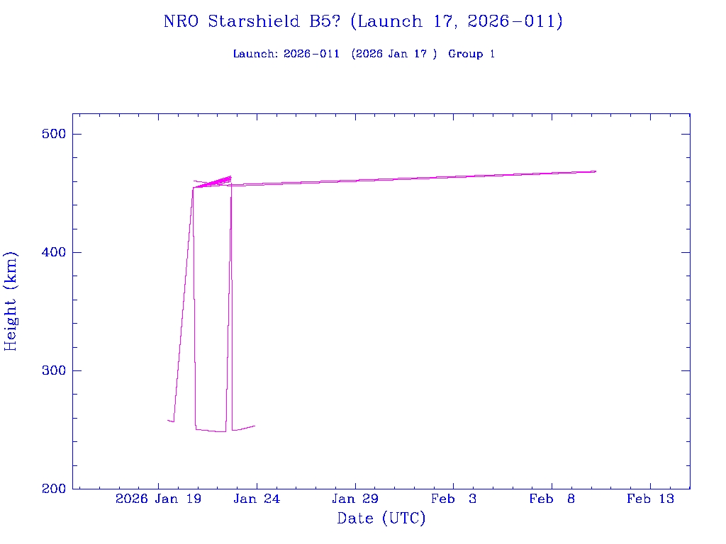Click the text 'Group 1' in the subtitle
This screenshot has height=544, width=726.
point(471,54)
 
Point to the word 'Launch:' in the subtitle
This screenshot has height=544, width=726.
point(255,54)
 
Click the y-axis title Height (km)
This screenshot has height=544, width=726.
point(11,301)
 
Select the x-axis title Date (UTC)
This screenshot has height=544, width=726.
point(381,518)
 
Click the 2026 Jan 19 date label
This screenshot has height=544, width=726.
point(158,499)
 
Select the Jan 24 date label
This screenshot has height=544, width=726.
point(257,499)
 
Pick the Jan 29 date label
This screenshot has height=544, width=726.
point(355,499)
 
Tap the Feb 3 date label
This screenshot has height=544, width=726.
point(454,499)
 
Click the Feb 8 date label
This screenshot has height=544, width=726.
point(552,499)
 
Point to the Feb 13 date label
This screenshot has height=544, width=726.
point(650,499)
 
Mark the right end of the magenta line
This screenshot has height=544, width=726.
point(596,171)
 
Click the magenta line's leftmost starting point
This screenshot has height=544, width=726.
point(167,420)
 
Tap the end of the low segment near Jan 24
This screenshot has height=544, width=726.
point(255,426)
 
